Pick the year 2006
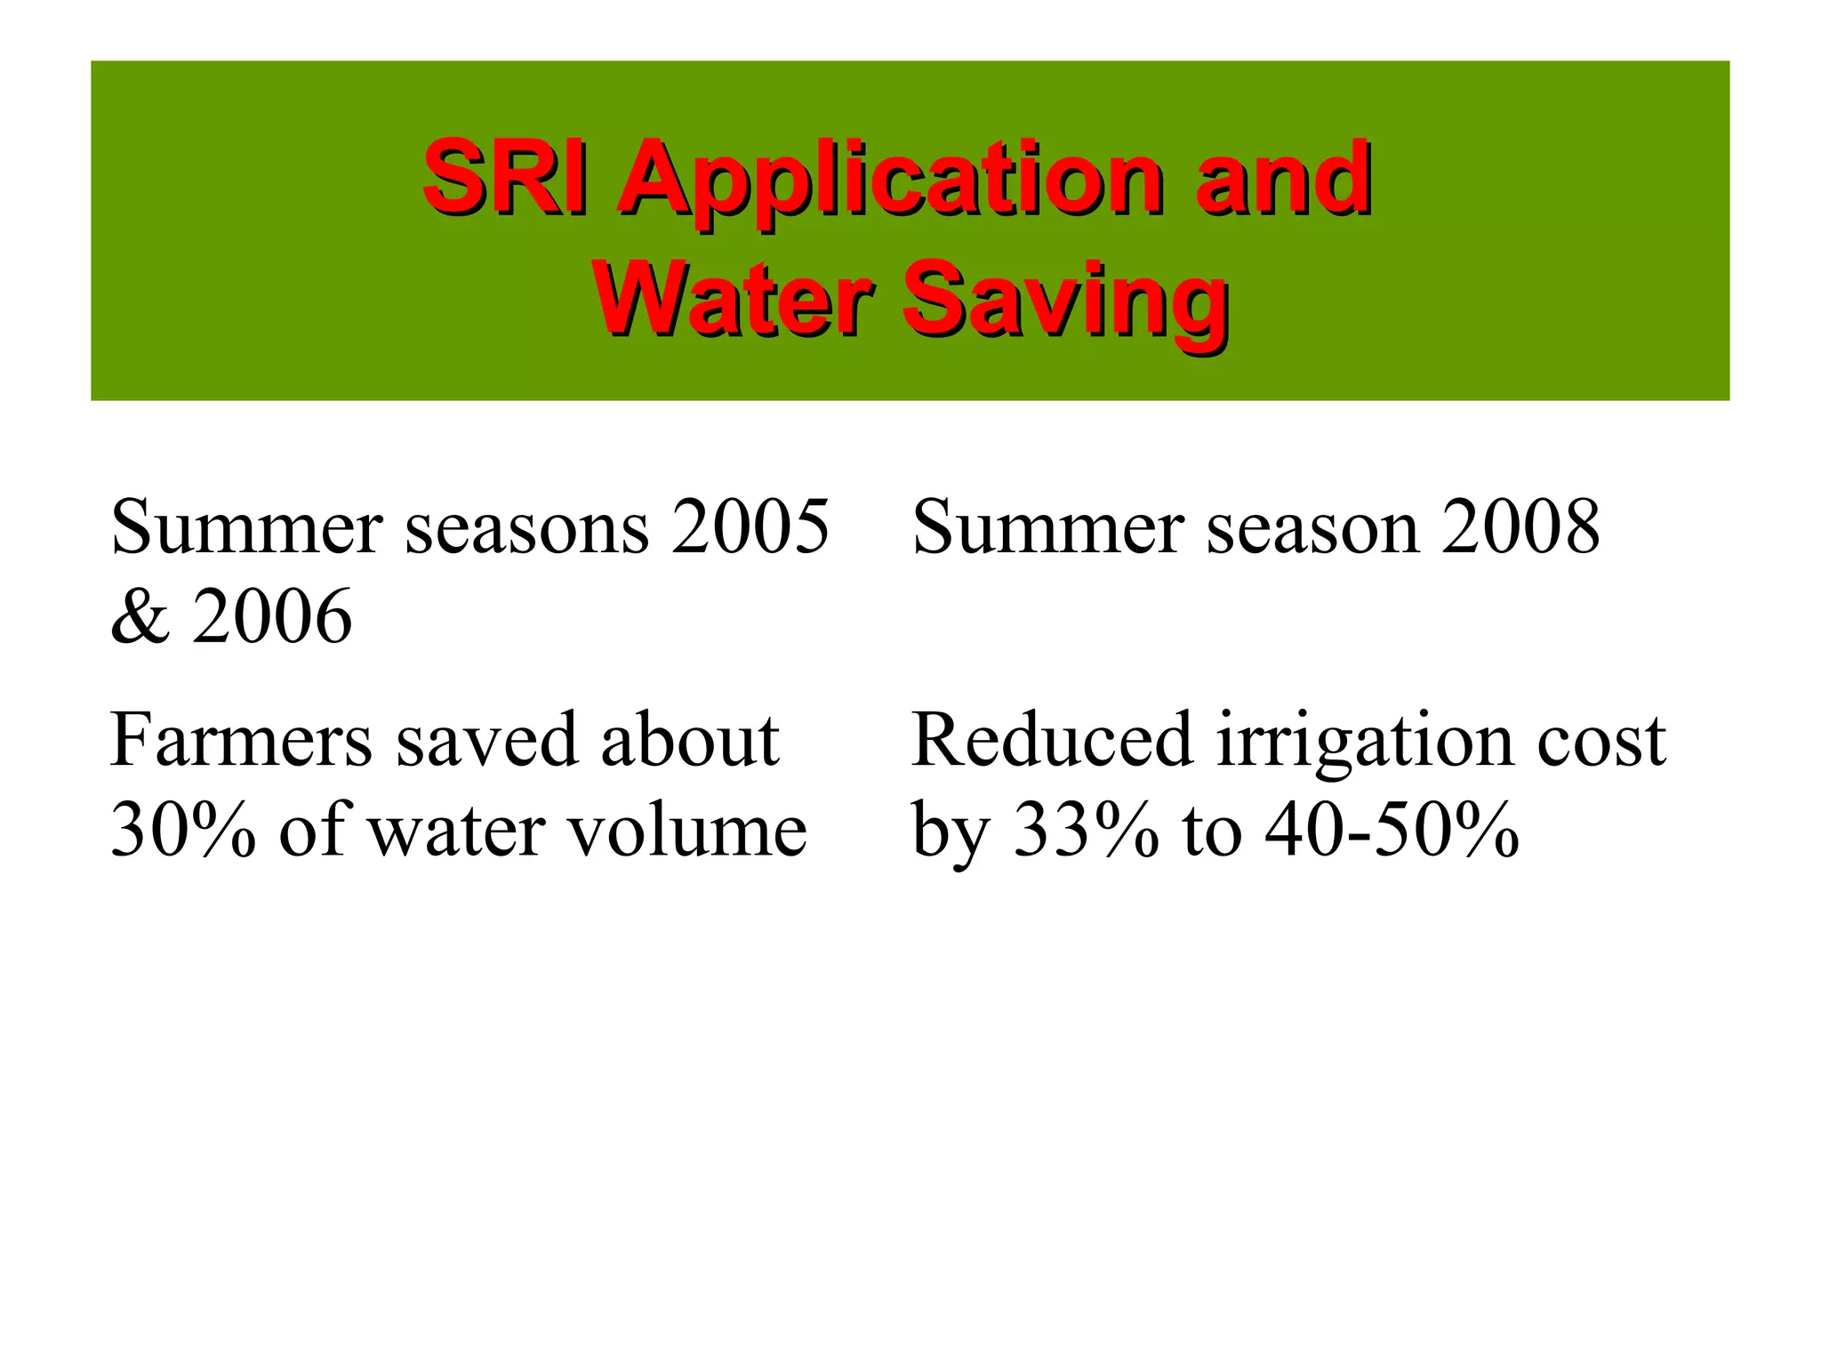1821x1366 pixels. [x=272, y=616]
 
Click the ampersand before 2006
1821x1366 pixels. [x=140, y=616]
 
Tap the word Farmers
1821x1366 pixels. [x=241, y=740]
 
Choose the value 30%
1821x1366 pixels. [x=183, y=830]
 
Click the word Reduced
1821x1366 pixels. [x=1051, y=740]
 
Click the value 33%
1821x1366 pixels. [x=1087, y=830]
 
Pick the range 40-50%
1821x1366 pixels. [x=1392, y=830]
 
